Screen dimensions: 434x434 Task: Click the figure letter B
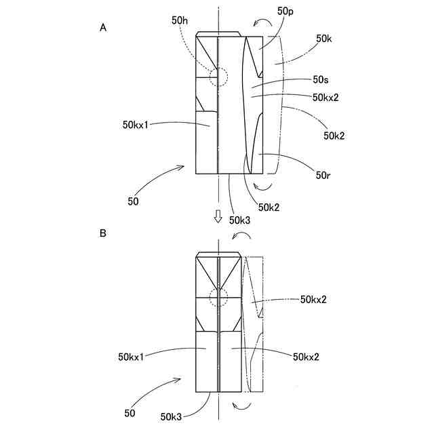[103, 233]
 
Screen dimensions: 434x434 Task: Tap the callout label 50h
[180, 21]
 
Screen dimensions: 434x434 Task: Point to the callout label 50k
[324, 39]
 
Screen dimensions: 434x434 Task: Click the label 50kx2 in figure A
[326, 97]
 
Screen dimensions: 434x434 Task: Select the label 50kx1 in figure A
[135, 125]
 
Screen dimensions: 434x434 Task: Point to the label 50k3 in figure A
[239, 219]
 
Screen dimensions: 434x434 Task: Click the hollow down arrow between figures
[218, 216]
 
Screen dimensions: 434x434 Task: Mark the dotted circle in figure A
[219, 77]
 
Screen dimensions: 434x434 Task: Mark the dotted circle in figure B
[219, 297]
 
